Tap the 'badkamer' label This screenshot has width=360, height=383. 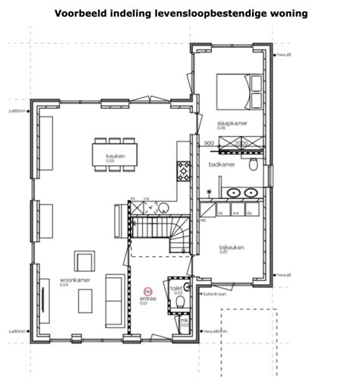(220, 164)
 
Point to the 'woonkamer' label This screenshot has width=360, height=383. (74, 280)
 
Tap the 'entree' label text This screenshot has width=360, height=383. (147, 299)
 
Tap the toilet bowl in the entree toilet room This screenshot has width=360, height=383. (180, 302)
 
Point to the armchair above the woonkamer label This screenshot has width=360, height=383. (83, 259)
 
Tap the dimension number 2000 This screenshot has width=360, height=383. (242, 142)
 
